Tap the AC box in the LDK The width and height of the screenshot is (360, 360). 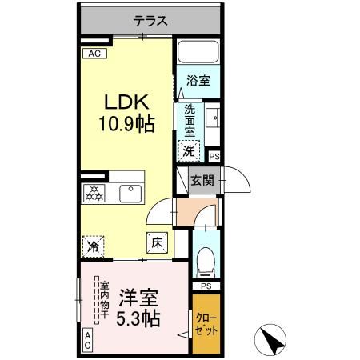coord(94,54)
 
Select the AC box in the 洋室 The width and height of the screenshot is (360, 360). coord(89,339)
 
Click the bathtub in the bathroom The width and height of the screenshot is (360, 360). coord(198,54)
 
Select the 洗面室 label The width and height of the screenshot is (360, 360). coord(190,121)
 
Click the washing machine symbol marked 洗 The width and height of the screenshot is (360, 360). coord(190,149)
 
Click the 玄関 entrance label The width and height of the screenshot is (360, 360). coord(202,180)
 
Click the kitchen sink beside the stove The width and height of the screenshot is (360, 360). coord(129,193)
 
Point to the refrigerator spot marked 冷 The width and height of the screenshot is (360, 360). coord(94,246)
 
